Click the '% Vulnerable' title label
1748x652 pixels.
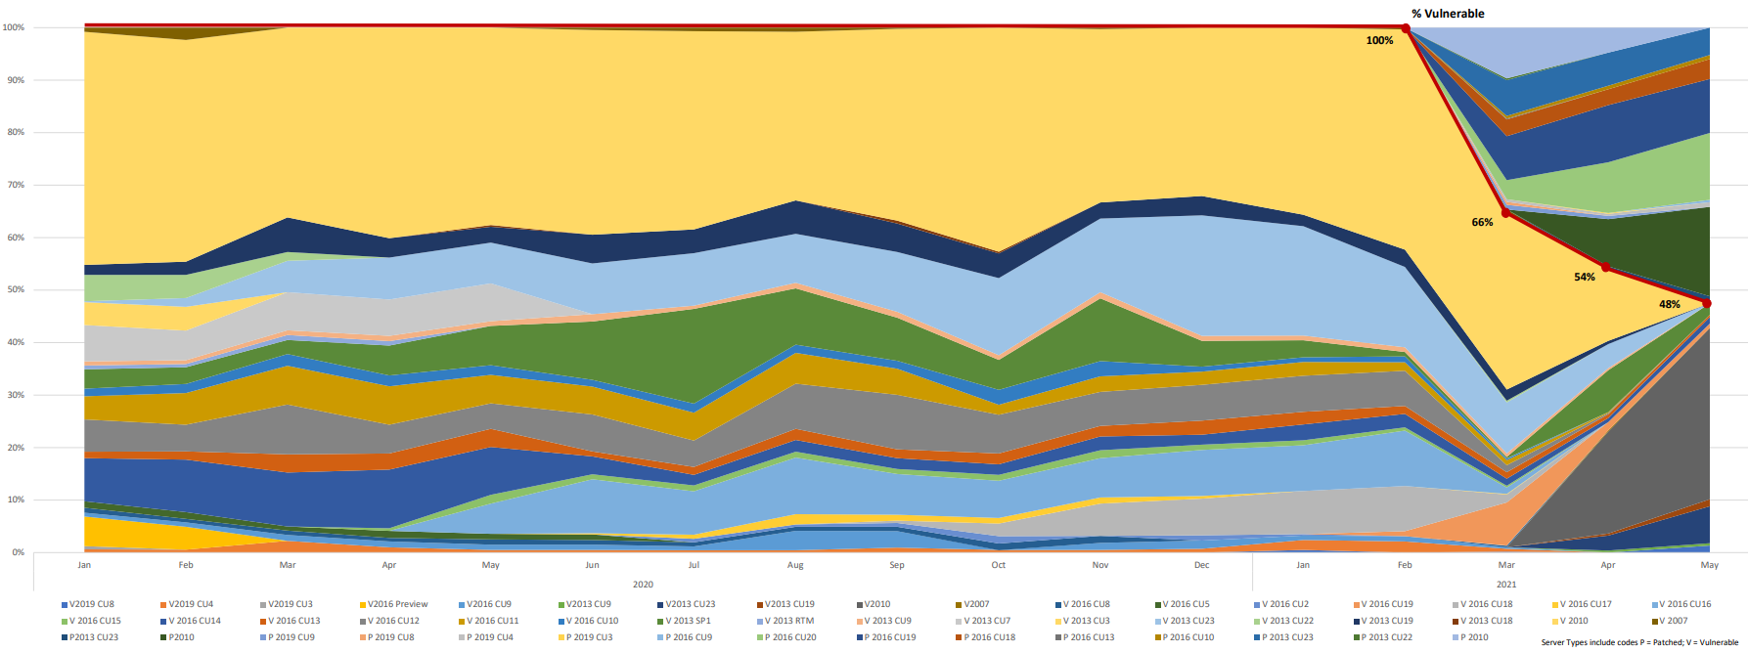(x=1447, y=14)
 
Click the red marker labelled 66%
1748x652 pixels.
(x=1506, y=212)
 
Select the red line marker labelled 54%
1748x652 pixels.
(x=1606, y=267)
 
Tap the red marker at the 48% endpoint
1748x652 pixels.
(x=1707, y=303)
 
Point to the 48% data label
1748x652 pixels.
(x=1669, y=304)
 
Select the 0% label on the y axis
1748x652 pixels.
(x=18, y=552)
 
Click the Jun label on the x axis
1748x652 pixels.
(x=592, y=565)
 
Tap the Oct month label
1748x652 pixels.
(x=998, y=565)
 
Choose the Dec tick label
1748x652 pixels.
(x=1201, y=565)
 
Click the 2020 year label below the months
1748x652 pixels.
(x=643, y=585)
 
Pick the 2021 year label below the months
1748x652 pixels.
(x=1506, y=585)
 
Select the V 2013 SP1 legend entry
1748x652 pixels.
(x=688, y=621)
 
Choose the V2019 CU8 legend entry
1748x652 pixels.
(x=91, y=604)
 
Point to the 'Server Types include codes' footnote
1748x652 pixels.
(x=1639, y=642)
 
